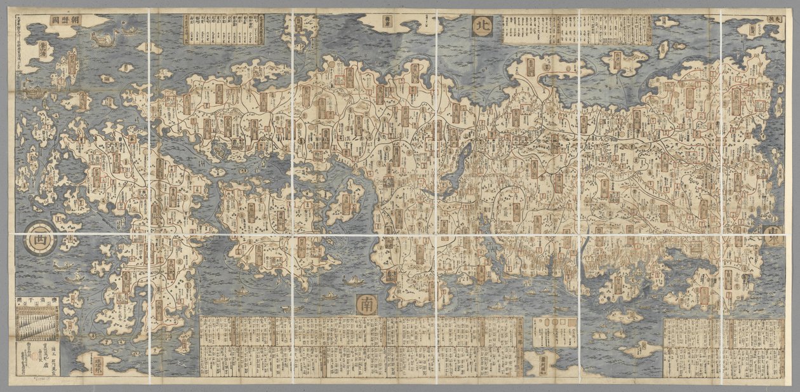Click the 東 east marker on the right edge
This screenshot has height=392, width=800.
pos(775,233)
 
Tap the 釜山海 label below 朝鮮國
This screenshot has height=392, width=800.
pos(43,50)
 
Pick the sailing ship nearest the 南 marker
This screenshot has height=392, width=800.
pos(348,280)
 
